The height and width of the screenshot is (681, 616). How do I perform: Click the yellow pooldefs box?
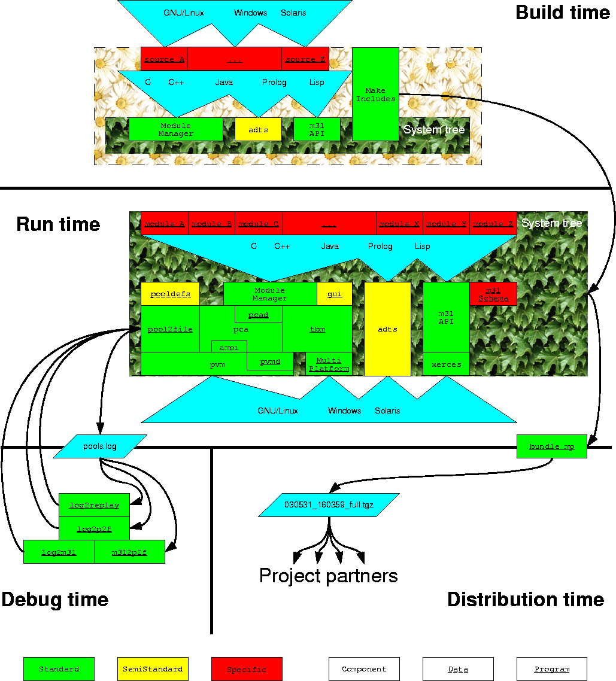[170, 294]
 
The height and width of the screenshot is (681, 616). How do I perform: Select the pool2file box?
[170, 329]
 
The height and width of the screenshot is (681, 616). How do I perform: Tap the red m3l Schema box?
[493, 294]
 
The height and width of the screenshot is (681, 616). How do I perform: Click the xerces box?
[446, 364]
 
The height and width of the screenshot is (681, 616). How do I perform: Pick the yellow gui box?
[335, 294]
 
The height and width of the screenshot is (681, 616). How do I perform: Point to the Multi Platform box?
[329, 364]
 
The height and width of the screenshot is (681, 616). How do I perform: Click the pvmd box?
[270, 361]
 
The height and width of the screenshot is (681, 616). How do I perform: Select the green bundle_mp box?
[551, 446]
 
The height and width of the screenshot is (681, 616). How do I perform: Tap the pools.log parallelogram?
[100, 446]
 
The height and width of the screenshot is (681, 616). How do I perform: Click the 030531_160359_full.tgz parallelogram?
[329, 505]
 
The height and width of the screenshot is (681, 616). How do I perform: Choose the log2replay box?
[94, 505]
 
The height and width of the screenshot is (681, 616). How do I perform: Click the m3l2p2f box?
[129, 552]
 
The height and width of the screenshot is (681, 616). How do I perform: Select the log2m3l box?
[59, 552]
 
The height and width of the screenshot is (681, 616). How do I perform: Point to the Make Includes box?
[375, 95]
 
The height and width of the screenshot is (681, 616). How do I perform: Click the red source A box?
[164, 59]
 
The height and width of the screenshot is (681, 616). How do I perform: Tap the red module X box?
[399, 223]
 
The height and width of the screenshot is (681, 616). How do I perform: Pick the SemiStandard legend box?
[153, 669]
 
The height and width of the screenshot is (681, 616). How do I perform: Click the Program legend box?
[551, 669]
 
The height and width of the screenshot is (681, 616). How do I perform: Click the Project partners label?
[329, 576]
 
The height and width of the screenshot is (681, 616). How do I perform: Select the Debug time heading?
[55, 600]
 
